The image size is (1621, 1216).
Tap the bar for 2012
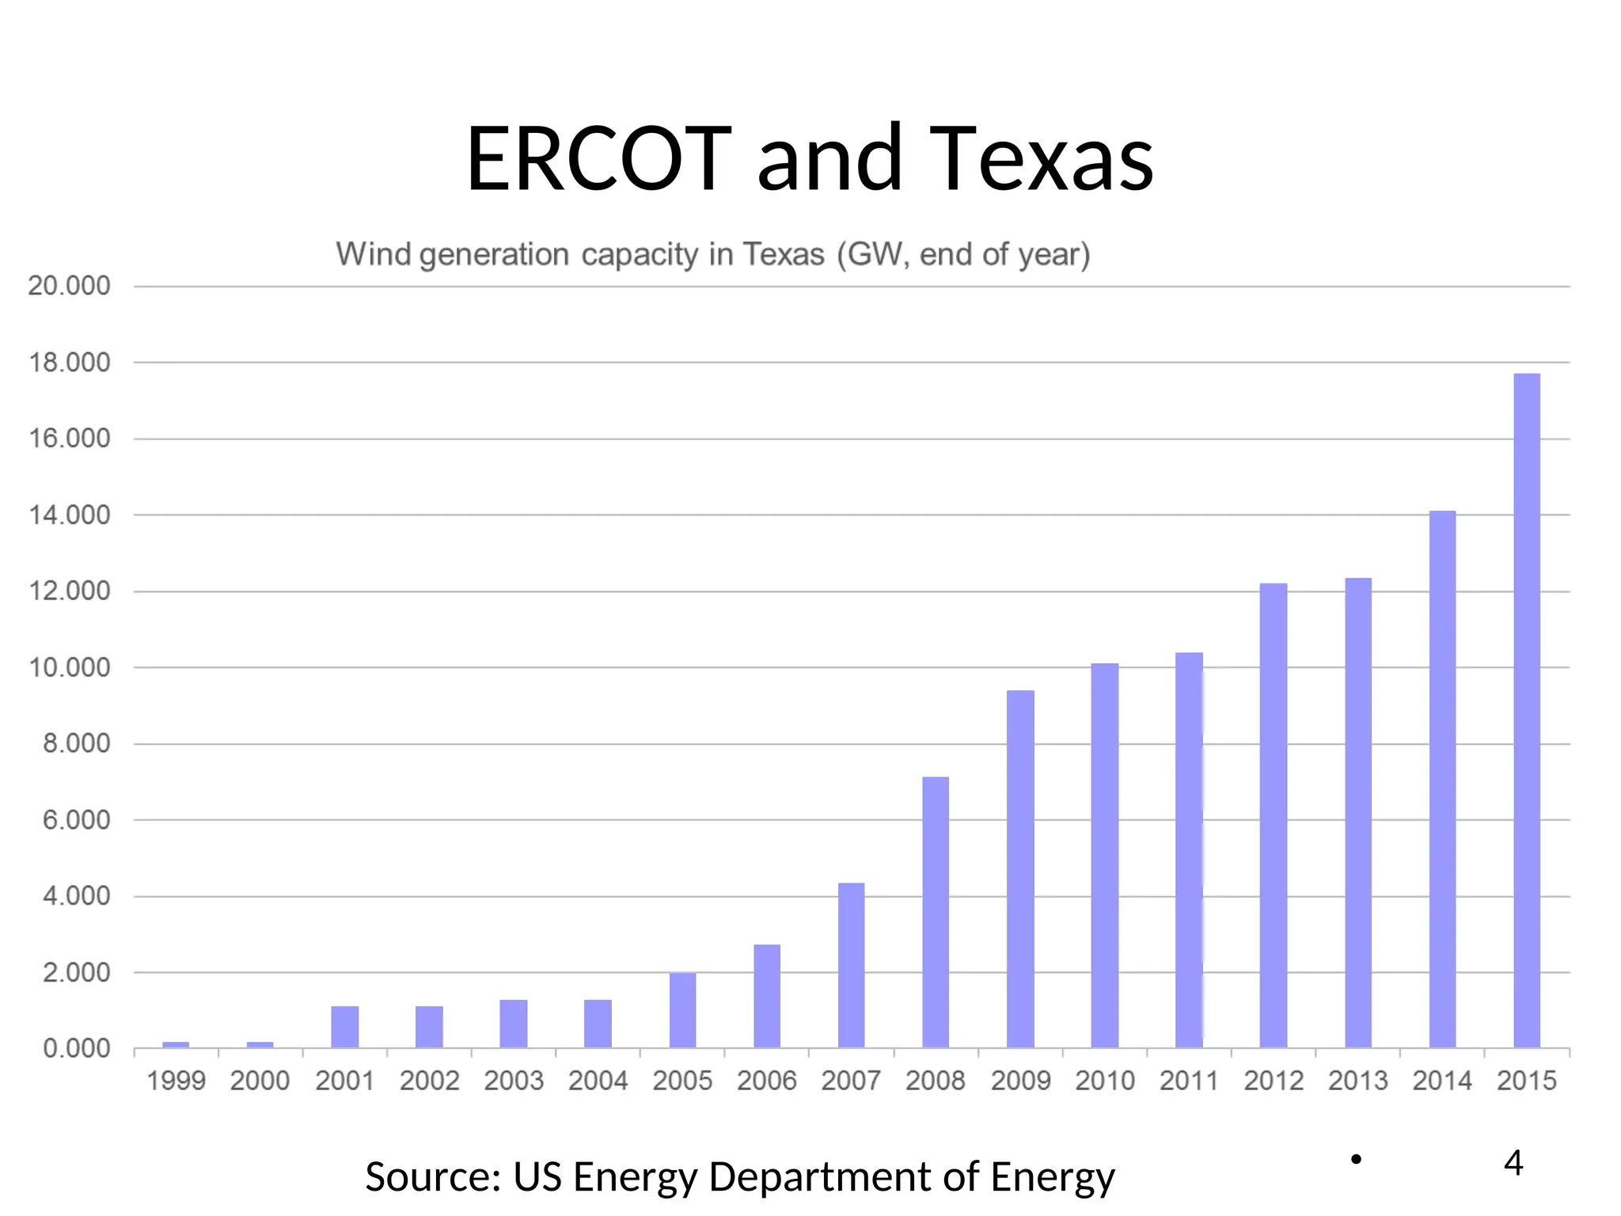[x=1273, y=815]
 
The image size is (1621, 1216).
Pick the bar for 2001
[x=344, y=1027]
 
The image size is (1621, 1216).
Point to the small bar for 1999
[x=176, y=1044]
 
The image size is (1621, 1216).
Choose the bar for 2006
[x=766, y=996]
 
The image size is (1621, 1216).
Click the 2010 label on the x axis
[x=1104, y=1081]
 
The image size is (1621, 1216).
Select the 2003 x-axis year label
[x=514, y=1081]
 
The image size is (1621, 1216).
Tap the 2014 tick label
[x=1442, y=1081]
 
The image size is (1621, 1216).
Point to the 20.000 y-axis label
[x=69, y=286]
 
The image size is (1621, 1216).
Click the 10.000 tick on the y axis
[x=69, y=667]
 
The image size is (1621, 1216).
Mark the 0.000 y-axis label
[x=76, y=1049]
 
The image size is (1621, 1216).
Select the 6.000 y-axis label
[x=76, y=820]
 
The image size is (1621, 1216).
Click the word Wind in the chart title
[x=373, y=255]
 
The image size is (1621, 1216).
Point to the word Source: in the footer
[x=432, y=1176]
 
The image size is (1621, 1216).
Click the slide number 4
[x=1513, y=1163]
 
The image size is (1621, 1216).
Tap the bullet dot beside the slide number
[x=1356, y=1160]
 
